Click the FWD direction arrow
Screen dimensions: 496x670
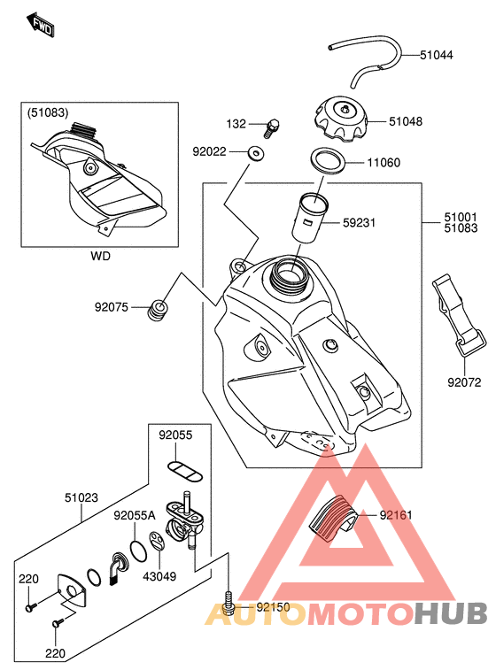40,25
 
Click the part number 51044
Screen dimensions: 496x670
436,55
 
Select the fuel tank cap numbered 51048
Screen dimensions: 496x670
341,119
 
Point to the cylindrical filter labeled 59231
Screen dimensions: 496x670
310,219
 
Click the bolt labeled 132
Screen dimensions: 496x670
271,127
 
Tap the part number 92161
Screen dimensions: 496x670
396,515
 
